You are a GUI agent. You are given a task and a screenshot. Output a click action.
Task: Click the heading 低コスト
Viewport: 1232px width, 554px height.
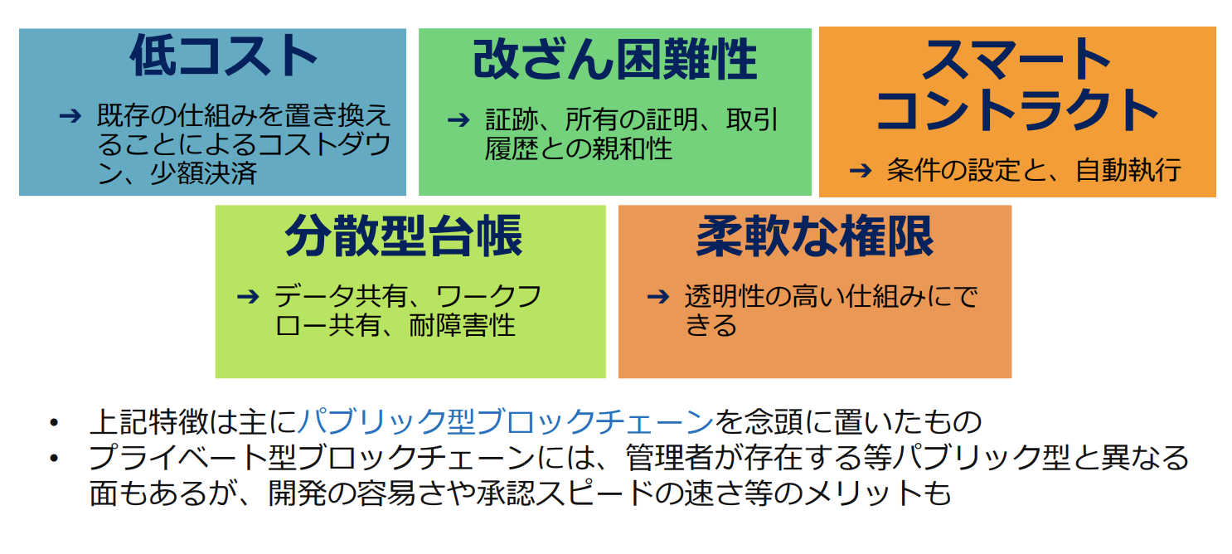tap(223, 56)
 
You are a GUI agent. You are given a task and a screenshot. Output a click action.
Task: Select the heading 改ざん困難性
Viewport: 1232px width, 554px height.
tap(615, 60)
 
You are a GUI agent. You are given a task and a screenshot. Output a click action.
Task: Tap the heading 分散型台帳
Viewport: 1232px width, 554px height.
tap(404, 236)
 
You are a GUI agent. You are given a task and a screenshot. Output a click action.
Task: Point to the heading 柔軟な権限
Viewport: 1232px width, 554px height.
tap(814, 236)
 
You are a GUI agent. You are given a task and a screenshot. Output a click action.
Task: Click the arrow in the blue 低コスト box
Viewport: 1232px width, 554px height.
tap(70, 115)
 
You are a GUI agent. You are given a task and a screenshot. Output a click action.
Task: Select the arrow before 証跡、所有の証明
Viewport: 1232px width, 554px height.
tap(458, 120)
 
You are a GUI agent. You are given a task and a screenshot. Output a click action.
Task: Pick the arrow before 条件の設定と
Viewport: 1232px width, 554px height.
tap(861, 170)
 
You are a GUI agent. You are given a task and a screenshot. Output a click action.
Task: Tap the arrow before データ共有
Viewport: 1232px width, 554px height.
tap(248, 297)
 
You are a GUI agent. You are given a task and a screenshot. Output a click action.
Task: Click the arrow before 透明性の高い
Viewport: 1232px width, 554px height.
tap(658, 297)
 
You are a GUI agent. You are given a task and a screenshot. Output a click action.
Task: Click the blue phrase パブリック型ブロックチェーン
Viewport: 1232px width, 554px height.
tap(506, 421)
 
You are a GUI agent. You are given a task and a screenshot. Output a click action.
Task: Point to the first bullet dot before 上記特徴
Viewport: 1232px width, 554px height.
tap(53, 422)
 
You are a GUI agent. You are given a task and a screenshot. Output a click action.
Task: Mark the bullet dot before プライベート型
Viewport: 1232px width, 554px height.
tap(53, 459)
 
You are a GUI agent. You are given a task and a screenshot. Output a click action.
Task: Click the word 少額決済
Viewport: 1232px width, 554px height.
tap(204, 173)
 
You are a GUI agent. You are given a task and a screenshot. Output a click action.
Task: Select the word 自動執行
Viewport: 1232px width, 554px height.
tap(1128, 170)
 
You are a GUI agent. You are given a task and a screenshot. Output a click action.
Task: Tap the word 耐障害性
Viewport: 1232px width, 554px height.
tap(462, 325)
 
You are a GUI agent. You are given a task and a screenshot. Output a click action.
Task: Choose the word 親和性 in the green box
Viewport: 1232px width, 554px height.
tap(619, 148)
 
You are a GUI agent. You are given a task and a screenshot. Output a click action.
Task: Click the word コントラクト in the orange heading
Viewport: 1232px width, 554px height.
tap(1017, 110)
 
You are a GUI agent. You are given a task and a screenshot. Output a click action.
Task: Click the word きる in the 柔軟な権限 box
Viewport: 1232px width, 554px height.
tap(711, 325)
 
